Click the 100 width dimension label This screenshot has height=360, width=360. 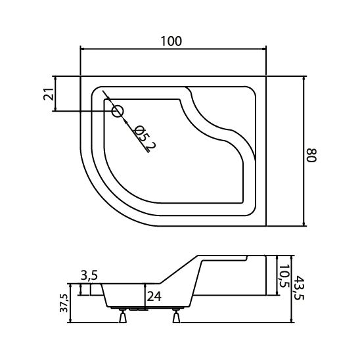tap(171, 41)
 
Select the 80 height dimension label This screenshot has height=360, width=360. tap(312, 156)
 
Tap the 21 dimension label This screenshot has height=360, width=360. tap(49, 94)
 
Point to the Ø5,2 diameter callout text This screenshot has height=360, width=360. tap(145, 139)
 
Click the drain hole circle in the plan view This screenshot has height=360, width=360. tap(118, 112)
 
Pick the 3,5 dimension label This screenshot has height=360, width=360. tap(89, 275)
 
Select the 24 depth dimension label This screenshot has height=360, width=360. tap(154, 296)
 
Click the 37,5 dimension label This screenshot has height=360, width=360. tap(64, 303)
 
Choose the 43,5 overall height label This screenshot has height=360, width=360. tap(300, 288)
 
